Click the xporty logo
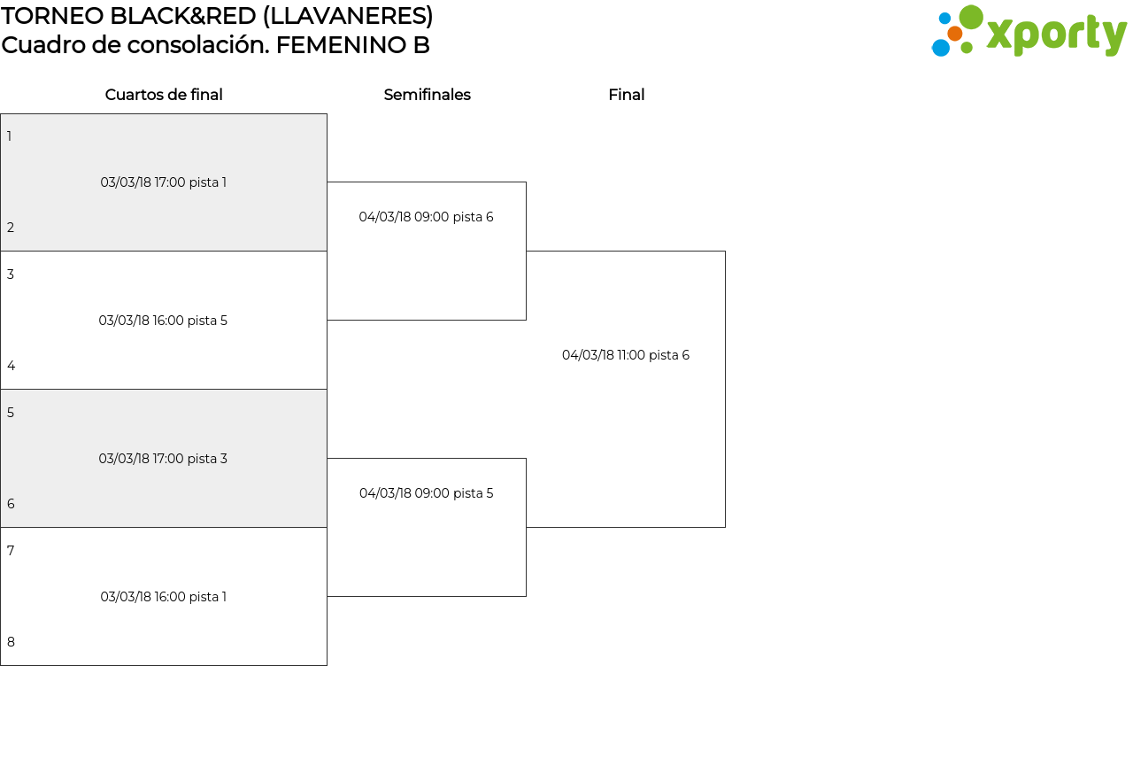pos(1029,31)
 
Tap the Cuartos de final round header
pos(164,95)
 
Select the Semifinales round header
pos(427,95)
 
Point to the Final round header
pos(626,95)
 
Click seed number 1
pos(9,136)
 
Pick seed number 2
pos(11,228)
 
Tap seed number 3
pos(11,275)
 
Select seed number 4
pos(12,366)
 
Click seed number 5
pos(11,413)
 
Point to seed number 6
pos(11,504)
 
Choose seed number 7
pos(11,551)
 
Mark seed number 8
pos(11,642)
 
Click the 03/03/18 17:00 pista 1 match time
pos(164,182)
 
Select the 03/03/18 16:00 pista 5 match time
pos(163,321)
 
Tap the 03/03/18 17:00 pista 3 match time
pos(163,459)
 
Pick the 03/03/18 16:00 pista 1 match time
pos(164,597)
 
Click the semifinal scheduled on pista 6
pos(426,217)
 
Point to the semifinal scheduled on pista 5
pos(426,493)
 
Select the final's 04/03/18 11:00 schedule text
pos(626,355)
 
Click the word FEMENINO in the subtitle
pos(341,45)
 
